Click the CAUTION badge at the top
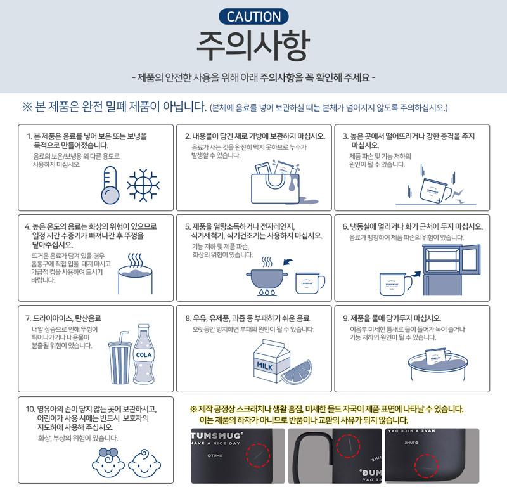point(253,16)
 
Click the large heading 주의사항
point(253,46)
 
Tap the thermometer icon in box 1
point(110,185)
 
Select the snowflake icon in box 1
point(143,185)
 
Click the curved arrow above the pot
point(288,261)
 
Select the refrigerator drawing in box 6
point(451,269)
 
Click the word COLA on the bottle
point(144,355)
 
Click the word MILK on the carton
point(265,366)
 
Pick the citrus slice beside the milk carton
point(297,373)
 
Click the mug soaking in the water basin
point(438,357)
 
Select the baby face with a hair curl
point(144,463)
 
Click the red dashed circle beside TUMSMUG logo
point(258,455)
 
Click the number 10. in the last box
point(30,409)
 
